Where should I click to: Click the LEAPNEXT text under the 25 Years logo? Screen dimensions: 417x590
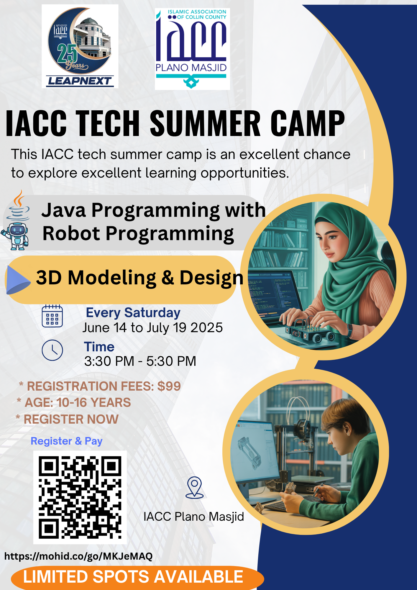79,81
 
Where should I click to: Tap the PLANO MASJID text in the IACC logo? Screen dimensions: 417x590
191,68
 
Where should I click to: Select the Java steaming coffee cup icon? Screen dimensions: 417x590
18,205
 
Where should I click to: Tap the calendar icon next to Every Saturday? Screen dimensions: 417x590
52,316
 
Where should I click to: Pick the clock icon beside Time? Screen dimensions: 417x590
52,350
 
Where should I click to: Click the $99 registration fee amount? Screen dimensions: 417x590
169,386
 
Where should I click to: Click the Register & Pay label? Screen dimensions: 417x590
67,441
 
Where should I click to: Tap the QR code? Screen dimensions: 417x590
80,497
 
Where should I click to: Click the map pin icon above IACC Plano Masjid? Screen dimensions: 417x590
194,488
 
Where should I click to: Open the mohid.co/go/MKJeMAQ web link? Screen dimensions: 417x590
78,556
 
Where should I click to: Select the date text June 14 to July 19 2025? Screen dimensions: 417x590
152,328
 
